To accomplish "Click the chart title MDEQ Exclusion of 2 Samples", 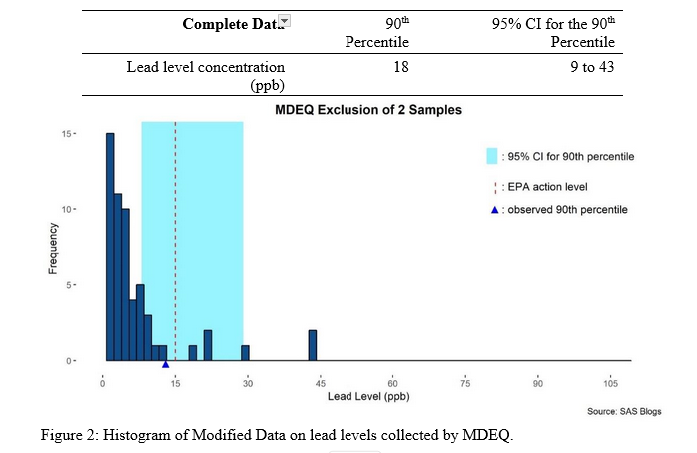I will tap(368, 110).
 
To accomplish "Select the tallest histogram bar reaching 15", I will tap(110, 246).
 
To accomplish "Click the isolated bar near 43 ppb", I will tap(312, 345).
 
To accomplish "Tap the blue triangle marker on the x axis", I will tap(165, 364).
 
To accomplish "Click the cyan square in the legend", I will tap(492, 156).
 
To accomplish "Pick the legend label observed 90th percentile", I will tap(565, 210).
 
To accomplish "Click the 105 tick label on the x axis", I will tap(608, 382).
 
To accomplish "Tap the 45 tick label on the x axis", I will tap(321, 382).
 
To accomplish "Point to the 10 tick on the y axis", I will tap(91, 209).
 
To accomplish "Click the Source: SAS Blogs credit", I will tap(623, 412).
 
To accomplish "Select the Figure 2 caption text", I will tap(276, 435).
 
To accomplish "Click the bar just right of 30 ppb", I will tap(245, 353).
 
